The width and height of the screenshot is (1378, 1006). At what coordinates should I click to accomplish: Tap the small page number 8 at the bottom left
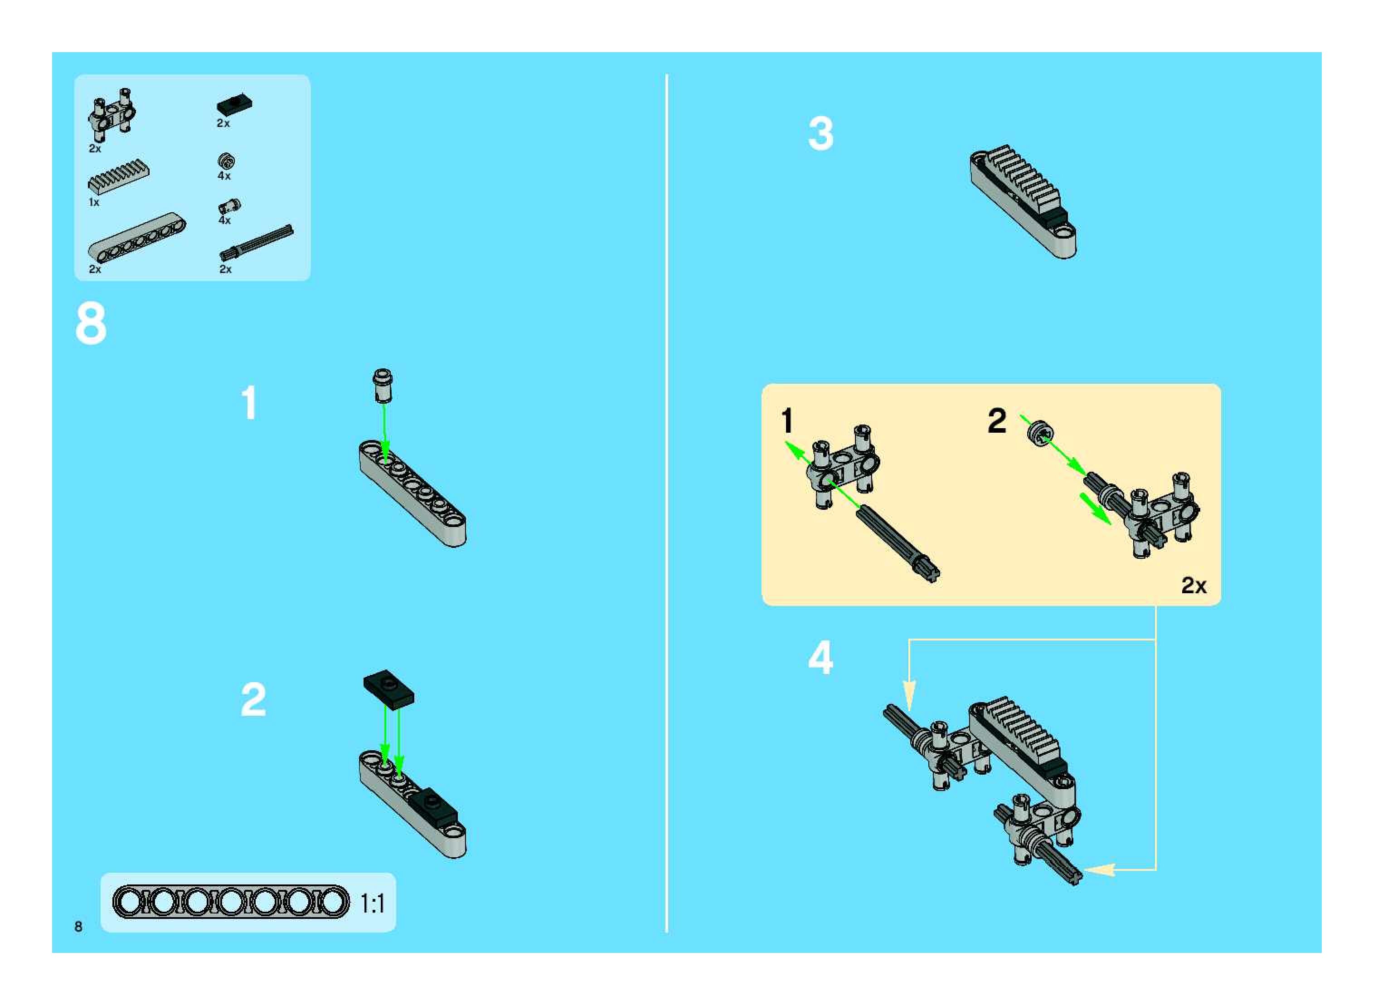coord(78,926)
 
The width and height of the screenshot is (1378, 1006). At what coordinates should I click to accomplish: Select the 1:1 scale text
coord(373,903)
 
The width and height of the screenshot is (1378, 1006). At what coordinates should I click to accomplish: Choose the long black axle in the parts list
coord(256,243)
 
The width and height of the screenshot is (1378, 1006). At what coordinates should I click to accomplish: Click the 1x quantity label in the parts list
coord(94,202)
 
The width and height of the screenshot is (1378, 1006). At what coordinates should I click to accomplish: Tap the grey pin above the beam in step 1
coord(382,385)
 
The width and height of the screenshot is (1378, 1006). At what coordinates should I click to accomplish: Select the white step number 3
coord(820,133)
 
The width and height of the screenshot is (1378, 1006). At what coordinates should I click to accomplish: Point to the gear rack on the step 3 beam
coord(1024,181)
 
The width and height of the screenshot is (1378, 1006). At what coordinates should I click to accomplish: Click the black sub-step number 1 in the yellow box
coord(787,421)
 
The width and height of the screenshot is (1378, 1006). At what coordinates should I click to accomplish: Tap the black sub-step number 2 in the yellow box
coord(996,421)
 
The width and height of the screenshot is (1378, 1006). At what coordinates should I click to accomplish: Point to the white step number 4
coord(820,658)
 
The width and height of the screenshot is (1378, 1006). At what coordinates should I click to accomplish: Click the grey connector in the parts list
coord(112,110)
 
